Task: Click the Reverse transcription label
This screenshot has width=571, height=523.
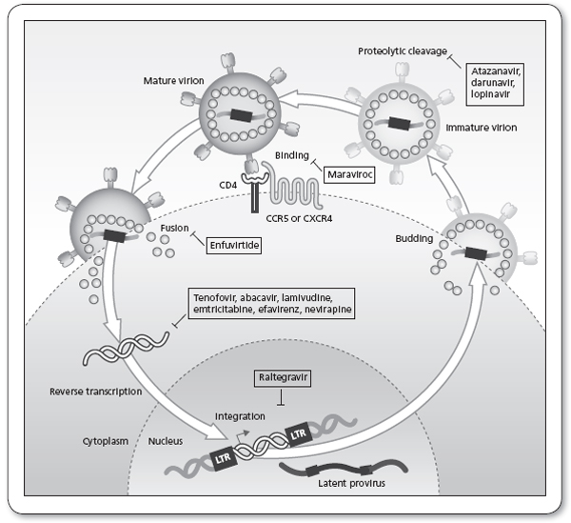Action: tap(94, 392)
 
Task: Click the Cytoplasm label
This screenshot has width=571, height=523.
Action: tap(89, 442)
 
